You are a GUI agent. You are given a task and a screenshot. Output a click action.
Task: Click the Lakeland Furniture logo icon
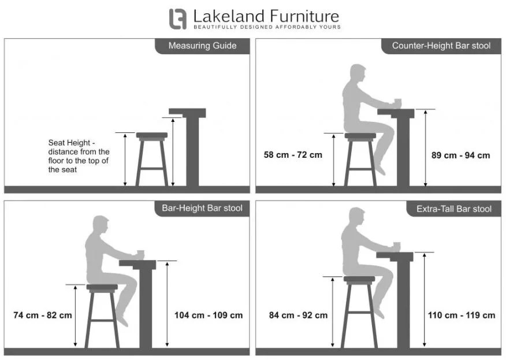click(x=178, y=19)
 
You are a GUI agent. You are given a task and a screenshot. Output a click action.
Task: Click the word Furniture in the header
click(x=304, y=16)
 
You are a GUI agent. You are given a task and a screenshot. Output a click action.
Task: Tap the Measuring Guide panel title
click(x=202, y=46)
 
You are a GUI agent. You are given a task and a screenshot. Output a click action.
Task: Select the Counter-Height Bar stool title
click(x=441, y=46)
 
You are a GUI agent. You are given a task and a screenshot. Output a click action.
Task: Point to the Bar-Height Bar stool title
click(x=202, y=208)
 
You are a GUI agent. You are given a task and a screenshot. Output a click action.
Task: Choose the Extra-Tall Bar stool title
click(x=453, y=209)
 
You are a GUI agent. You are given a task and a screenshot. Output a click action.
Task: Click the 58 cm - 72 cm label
click(x=293, y=155)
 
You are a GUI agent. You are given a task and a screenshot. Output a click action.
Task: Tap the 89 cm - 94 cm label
click(x=460, y=155)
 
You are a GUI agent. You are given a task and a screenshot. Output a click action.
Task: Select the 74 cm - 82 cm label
click(x=43, y=315)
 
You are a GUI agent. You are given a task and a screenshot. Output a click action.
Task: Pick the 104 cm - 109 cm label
click(x=209, y=315)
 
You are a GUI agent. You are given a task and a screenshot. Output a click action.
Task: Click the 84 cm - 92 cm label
click(x=298, y=315)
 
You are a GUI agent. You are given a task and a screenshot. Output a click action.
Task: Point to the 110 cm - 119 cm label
click(x=462, y=315)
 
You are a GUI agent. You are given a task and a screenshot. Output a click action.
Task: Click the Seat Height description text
click(x=79, y=156)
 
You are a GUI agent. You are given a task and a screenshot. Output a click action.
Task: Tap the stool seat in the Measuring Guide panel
click(x=152, y=135)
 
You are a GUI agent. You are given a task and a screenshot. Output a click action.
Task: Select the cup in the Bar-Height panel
click(x=141, y=254)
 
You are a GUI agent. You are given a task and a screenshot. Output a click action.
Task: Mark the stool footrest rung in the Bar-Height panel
click(x=102, y=321)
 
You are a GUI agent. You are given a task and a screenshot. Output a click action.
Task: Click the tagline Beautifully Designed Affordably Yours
click(x=267, y=27)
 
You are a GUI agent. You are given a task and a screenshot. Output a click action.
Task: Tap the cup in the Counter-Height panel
click(x=398, y=103)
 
